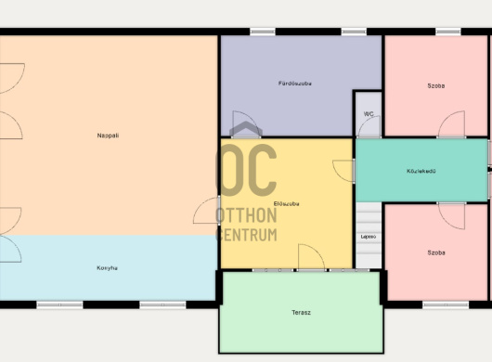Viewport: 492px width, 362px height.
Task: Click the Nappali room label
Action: point(108,136)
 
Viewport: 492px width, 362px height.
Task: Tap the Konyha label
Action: point(107,268)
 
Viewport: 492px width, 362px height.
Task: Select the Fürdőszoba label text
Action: point(294,84)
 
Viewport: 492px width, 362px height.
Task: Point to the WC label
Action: point(369,114)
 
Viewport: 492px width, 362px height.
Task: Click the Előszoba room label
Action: point(286,203)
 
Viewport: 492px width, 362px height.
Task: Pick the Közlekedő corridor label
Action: point(421,171)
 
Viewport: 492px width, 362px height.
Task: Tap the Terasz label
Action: point(301,313)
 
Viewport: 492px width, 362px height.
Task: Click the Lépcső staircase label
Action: point(369,237)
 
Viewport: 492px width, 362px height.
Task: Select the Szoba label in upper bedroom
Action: point(436,85)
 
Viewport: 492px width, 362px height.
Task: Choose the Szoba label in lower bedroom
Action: point(436,252)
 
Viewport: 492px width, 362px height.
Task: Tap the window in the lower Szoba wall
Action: point(446,304)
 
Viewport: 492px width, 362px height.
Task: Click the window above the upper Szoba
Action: point(448,32)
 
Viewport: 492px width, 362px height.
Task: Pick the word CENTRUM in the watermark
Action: point(247,235)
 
